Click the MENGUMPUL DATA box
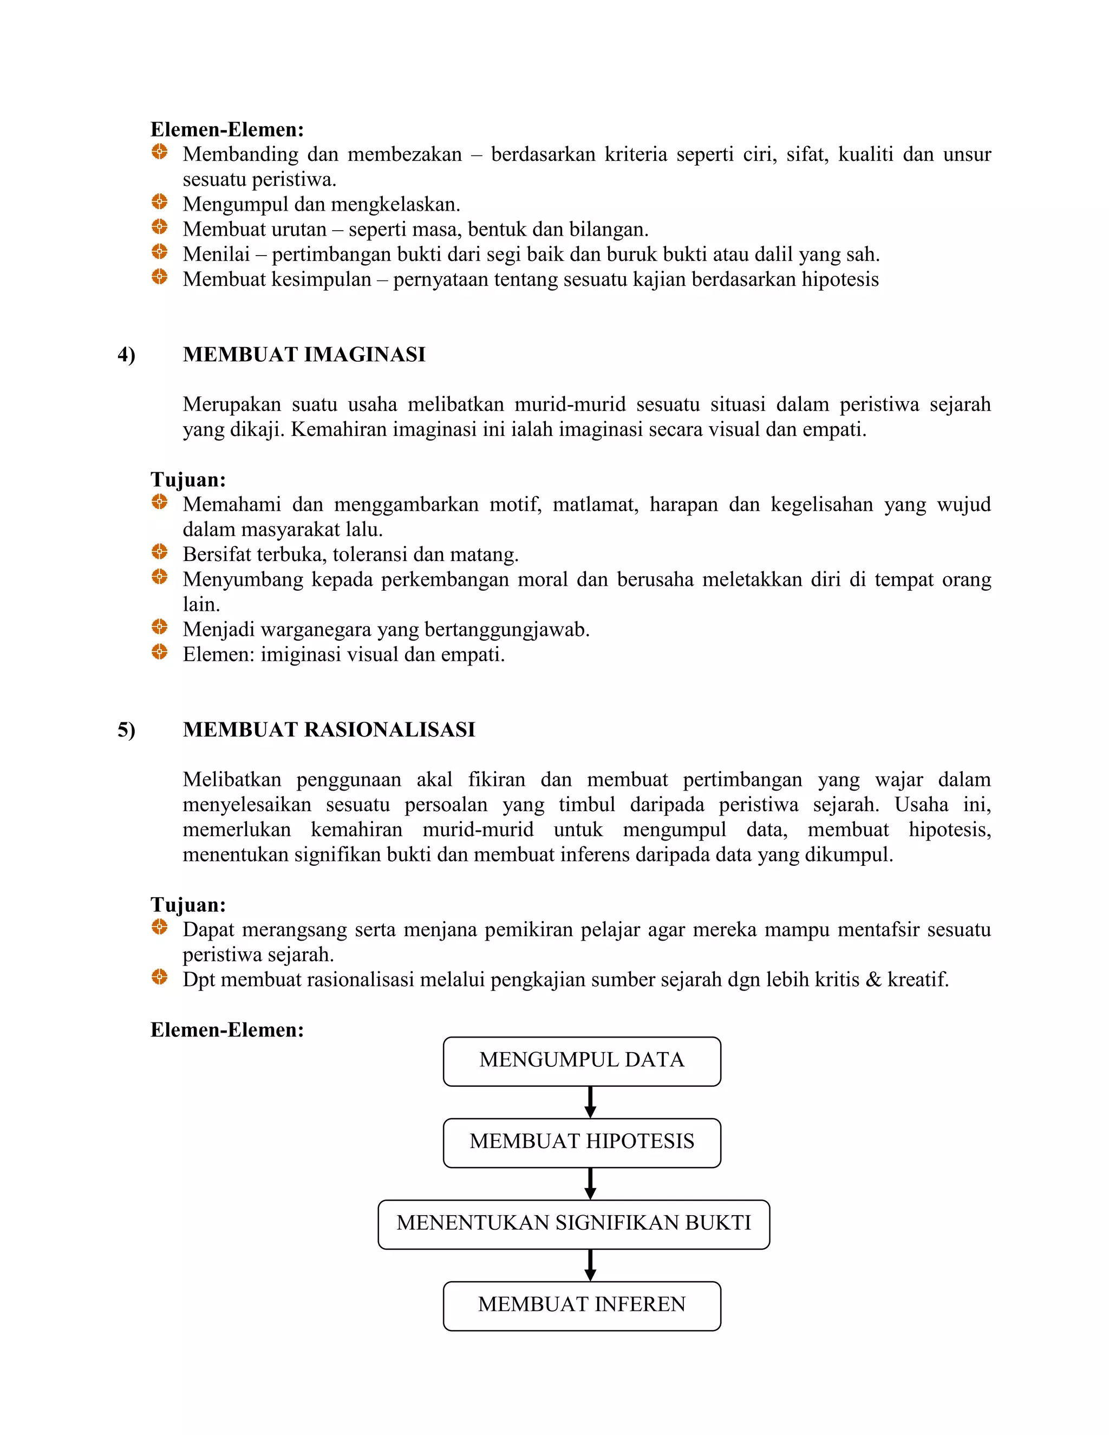(x=582, y=1061)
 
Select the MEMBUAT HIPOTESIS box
(x=582, y=1143)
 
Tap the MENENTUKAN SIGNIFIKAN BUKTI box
(x=573, y=1224)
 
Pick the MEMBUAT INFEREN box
(x=582, y=1306)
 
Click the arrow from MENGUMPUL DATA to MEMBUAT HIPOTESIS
(x=590, y=1102)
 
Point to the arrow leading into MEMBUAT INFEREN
(x=590, y=1265)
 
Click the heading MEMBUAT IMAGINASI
(x=304, y=355)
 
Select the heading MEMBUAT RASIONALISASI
(x=329, y=730)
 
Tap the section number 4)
(x=126, y=355)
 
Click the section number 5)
(x=126, y=730)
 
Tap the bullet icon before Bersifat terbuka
(x=160, y=552)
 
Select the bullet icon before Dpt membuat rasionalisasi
(x=160, y=977)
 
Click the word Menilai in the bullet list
(x=216, y=255)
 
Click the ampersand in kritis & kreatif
(x=873, y=980)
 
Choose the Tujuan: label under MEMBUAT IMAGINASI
(x=188, y=480)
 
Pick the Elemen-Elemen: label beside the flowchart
(x=227, y=1029)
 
